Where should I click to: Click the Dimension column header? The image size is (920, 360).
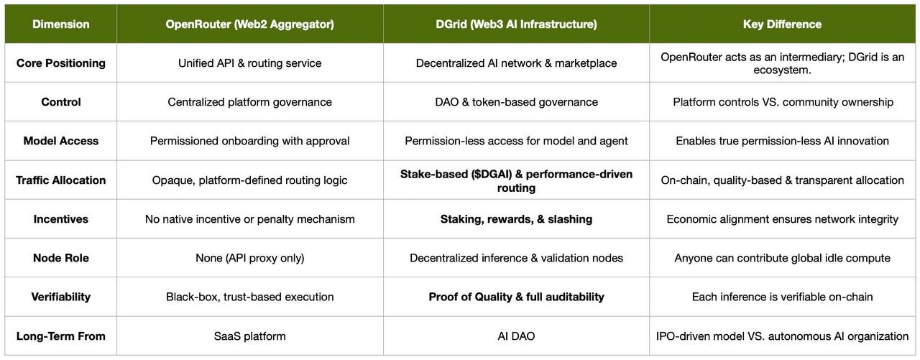click(60, 24)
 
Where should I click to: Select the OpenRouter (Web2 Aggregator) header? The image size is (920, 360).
click(249, 24)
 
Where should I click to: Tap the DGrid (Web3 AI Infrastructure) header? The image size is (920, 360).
click(516, 24)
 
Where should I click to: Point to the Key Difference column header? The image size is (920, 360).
click(782, 24)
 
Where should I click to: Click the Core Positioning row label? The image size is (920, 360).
click(60, 63)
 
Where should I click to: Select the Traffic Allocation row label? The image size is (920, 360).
click(60, 180)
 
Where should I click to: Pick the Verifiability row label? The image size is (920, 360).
click(60, 297)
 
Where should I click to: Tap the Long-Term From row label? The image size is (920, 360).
click(60, 336)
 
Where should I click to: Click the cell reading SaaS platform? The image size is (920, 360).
click(249, 336)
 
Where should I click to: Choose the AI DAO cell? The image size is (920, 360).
click(516, 336)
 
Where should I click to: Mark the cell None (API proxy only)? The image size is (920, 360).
click(249, 258)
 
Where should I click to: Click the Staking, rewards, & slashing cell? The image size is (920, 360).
click(516, 219)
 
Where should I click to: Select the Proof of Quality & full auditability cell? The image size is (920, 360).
click(516, 297)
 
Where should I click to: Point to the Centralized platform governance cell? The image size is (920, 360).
click(249, 102)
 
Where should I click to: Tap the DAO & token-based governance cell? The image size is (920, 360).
click(516, 102)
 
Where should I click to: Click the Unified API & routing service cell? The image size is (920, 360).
click(249, 63)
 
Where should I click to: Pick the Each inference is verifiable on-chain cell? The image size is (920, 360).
click(782, 297)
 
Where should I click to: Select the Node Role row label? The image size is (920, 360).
click(60, 258)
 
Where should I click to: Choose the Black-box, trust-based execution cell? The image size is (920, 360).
click(249, 297)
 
